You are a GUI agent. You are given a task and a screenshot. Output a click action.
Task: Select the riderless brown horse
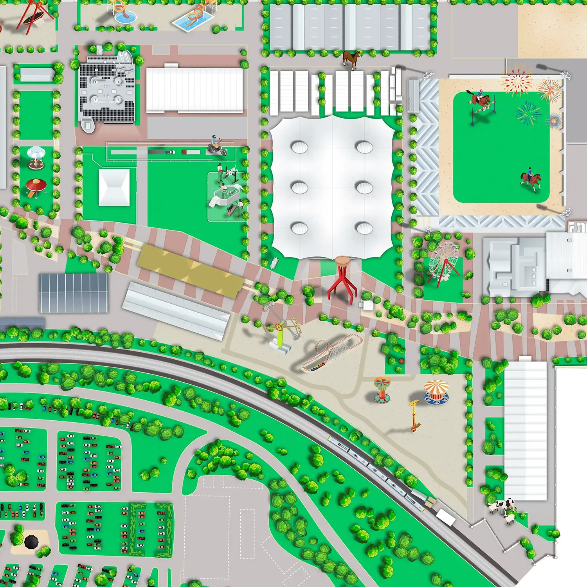click(351, 59)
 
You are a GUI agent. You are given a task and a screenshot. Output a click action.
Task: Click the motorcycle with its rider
click(216, 146)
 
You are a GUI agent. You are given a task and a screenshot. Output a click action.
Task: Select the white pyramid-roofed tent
click(114, 187)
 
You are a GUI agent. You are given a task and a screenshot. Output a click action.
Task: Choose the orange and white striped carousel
click(436, 391)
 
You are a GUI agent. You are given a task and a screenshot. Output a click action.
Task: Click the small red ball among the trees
click(401, 361)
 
